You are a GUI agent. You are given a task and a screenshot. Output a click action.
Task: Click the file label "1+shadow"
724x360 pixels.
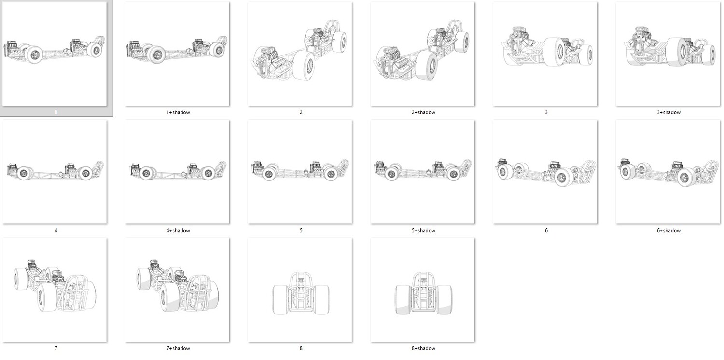click(x=178, y=112)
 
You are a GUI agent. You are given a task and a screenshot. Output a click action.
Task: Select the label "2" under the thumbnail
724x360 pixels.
click(x=301, y=112)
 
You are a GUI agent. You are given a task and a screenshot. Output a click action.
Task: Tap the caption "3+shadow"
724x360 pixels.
click(x=668, y=112)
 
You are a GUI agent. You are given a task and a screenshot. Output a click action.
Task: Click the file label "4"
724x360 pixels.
click(x=56, y=230)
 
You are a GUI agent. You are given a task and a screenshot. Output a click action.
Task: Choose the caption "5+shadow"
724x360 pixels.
click(x=423, y=230)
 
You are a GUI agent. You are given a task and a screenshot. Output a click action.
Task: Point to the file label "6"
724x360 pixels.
click(x=546, y=230)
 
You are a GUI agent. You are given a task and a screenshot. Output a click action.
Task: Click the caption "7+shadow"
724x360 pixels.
click(x=178, y=348)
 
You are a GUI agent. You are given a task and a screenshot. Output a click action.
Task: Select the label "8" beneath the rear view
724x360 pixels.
click(x=301, y=348)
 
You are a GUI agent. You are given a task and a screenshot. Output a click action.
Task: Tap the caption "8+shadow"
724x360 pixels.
click(x=423, y=348)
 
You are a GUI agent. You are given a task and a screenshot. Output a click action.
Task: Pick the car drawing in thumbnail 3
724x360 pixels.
click(x=547, y=47)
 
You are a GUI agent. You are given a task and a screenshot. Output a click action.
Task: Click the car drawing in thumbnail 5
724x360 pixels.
click(x=300, y=170)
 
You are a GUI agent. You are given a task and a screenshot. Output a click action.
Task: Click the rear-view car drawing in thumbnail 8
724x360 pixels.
click(x=301, y=293)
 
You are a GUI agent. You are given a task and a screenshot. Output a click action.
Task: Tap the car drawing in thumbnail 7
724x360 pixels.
click(x=55, y=286)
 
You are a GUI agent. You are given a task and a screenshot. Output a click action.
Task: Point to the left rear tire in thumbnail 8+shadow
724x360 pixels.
click(x=403, y=300)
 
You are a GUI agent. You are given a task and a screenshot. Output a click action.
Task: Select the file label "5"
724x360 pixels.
click(x=301, y=230)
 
